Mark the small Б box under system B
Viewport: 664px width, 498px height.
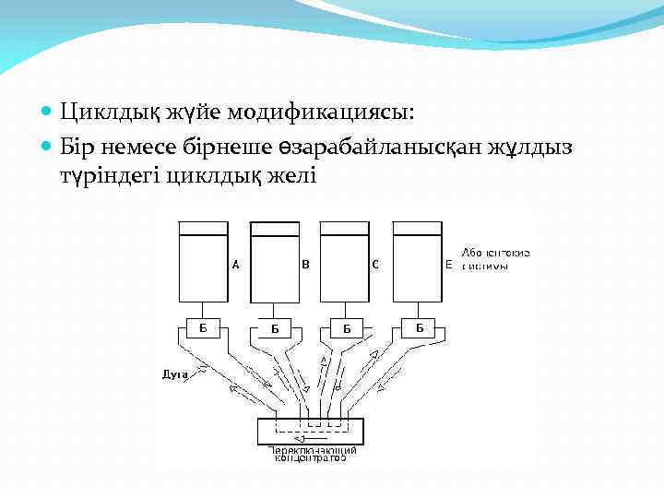[x=275, y=327]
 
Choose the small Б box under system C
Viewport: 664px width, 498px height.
[x=347, y=327]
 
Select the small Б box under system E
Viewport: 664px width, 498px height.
[x=419, y=327]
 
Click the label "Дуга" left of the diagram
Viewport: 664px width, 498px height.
[x=175, y=374]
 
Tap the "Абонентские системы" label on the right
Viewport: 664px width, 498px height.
[x=495, y=259]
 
